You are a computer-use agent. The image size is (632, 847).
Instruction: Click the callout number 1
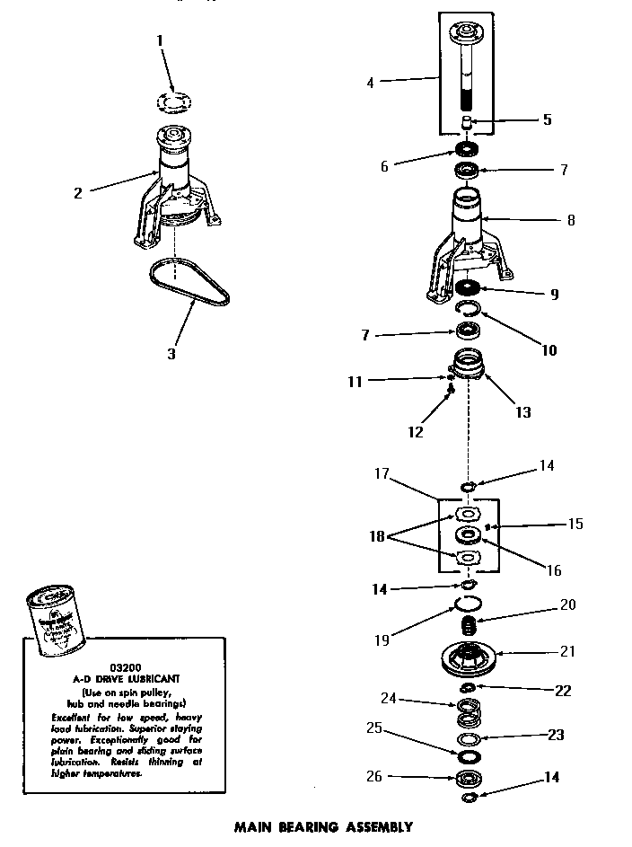(x=160, y=40)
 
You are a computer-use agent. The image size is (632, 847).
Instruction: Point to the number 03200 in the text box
(x=124, y=667)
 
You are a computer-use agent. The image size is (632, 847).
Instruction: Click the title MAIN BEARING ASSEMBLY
(x=323, y=827)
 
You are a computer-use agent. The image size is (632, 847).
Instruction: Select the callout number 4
(x=371, y=84)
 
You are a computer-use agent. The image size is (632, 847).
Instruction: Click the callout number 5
(x=547, y=119)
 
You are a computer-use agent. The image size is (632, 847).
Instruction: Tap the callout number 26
(x=375, y=776)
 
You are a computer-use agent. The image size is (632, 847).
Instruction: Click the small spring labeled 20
(x=467, y=622)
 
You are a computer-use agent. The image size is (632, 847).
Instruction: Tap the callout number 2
(x=80, y=191)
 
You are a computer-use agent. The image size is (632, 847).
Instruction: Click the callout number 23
(x=557, y=735)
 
